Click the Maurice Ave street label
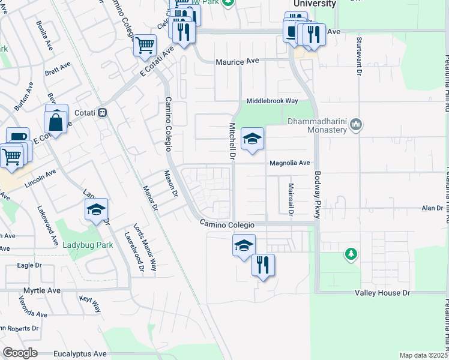[x=237, y=62]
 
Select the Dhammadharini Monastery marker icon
[x=357, y=125]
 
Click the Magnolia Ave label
[x=289, y=163]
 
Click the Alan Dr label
[x=431, y=208]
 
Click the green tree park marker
[x=351, y=254]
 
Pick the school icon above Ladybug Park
[x=95, y=210]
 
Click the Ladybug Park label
[x=88, y=245]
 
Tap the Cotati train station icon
[x=103, y=112]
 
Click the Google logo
[x=20, y=353]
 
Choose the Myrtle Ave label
[x=42, y=290]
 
